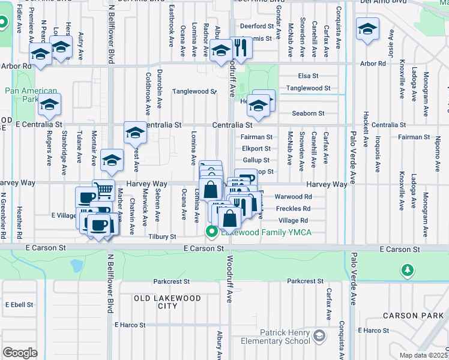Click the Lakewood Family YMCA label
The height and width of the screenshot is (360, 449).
(267, 232)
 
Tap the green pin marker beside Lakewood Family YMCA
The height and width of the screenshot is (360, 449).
(211, 232)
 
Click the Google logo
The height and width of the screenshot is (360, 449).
(20, 353)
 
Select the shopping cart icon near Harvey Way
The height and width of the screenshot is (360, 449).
(104, 190)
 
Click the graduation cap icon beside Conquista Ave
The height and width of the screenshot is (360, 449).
(367, 29)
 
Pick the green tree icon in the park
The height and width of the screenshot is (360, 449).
(408, 272)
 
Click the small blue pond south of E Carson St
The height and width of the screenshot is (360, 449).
(76, 265)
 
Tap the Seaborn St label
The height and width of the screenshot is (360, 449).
(309, 113)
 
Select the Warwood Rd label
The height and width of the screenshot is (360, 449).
(293, 196)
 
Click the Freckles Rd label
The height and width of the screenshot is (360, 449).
(293, 208)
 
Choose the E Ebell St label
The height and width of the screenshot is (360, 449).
(19, 304)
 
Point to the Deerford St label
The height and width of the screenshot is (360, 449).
(257, 26)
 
